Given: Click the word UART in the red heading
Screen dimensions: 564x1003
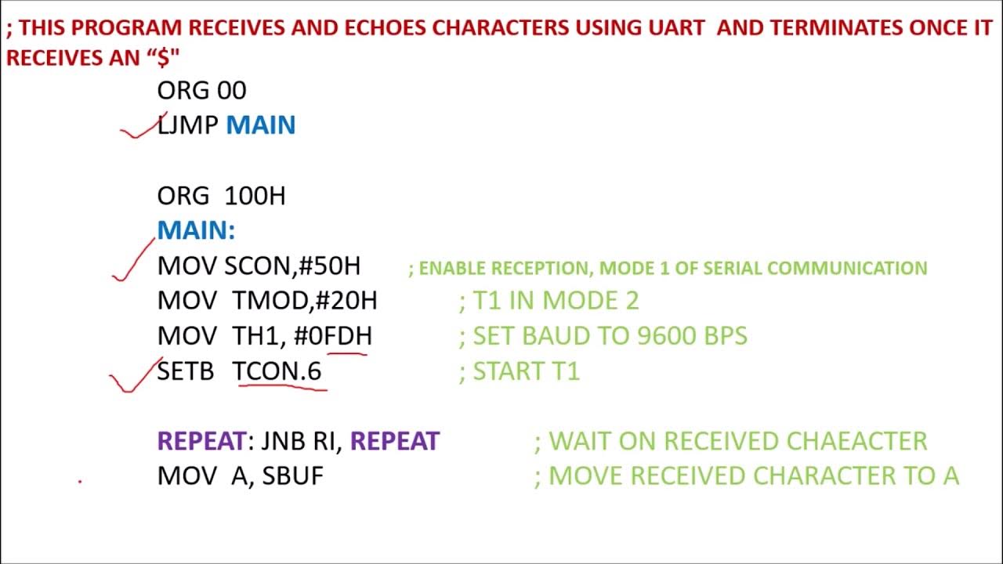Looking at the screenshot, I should (x=681, y=27).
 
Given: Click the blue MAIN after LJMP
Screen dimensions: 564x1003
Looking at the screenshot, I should (x=260, y=125).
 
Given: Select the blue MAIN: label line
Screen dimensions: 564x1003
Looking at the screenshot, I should (x=196, y=231).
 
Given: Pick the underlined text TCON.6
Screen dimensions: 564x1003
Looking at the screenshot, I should (x=277, y=371).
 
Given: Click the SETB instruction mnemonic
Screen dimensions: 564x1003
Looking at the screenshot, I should (x=185, y=371).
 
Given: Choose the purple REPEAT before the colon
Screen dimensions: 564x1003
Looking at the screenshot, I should (x=201, y=441).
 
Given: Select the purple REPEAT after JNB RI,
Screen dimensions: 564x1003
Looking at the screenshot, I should (x=394, y=441).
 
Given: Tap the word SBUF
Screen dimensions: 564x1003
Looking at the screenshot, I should (x=292, y=475).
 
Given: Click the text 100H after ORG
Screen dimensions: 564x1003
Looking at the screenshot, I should (x=255, y=196).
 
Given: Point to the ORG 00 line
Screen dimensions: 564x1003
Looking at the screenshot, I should (x=201, y=91).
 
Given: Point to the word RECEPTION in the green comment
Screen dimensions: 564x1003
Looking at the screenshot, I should (x=540, y=268).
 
